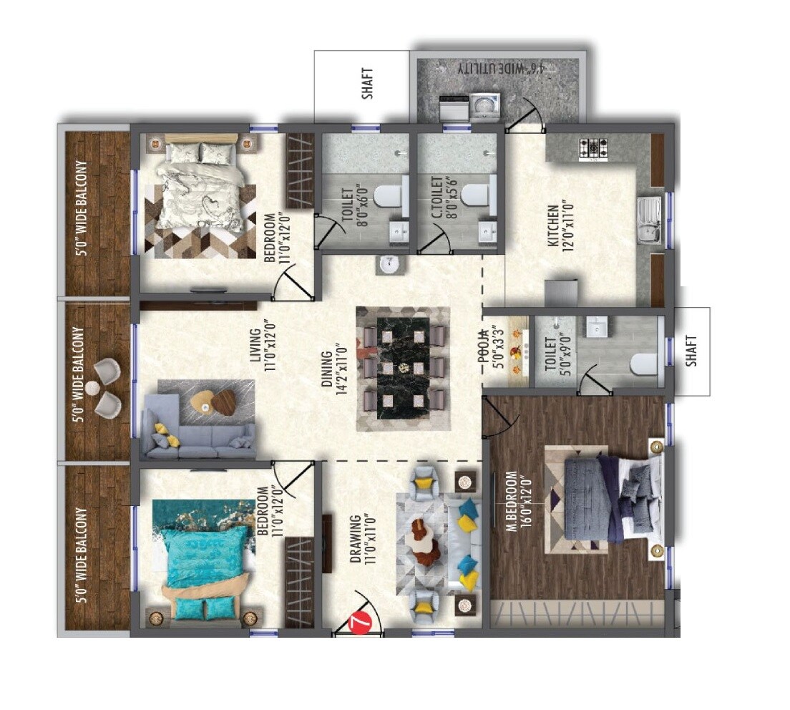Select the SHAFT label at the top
click(x=368, y=84)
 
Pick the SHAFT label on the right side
click(x=691, y=351)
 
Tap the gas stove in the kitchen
click(x=593, y=148)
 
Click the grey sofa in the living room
click(x=198, y=432)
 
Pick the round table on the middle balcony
click(x=92, y=388)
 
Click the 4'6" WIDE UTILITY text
click(x=501, y=68)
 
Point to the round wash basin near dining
click(x=390, y=263)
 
